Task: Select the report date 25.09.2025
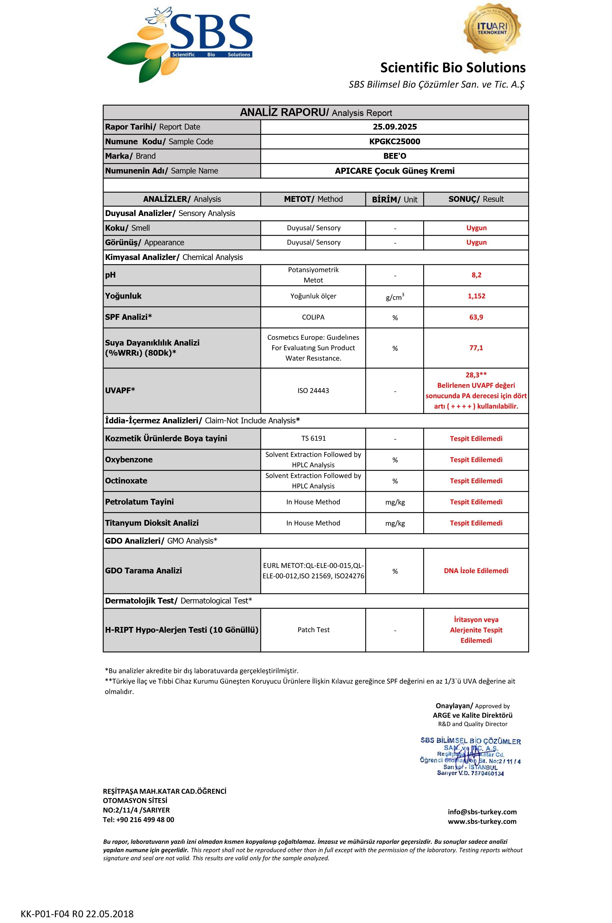[x=395, y=127]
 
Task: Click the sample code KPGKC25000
[x=395, y=141]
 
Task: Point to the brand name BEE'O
[x=395, y=156]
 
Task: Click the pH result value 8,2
[x=476, y=275]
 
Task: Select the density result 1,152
[x=476, y=296]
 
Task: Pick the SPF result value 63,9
[x=476, y=317]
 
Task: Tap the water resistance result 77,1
[x=476, y=348]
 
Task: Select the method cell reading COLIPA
[x=313, y=317]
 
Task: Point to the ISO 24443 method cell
[x=313, y=390]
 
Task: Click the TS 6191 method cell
[x=313, y=438]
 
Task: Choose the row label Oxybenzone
[x=129, y=459]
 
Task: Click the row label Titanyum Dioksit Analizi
[x=152, y=523]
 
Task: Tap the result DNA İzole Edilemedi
[x=476, y=571]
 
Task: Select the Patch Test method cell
[x=313, y=630]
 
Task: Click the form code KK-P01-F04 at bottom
[x=77, y=914]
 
